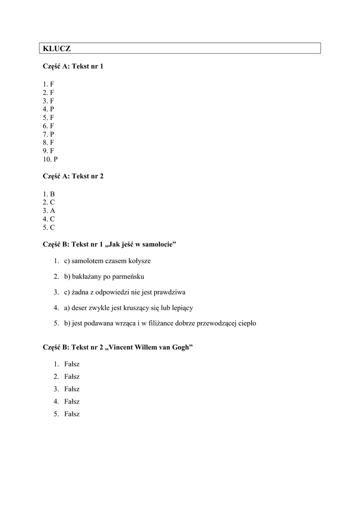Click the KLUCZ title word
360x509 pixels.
[x=57, y=48]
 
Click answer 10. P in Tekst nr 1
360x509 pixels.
[x=50, y=160]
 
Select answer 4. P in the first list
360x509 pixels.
[x=48, y=109]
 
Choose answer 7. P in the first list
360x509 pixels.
[x=48, y=134]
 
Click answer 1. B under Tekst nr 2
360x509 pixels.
[x=48, y=194]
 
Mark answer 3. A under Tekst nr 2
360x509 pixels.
[x=48, y=211]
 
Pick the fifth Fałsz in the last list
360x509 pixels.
[x=72, y=414]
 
